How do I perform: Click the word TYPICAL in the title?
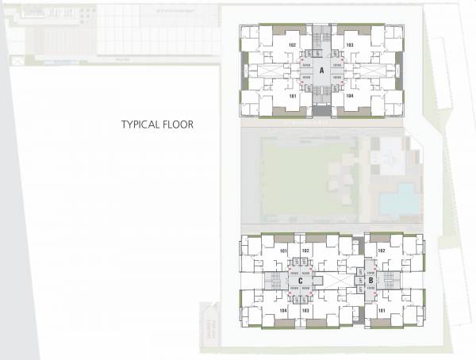(x=138, y=124)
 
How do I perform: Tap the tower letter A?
(x=322, y=71)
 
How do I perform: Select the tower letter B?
(x=370, y=280)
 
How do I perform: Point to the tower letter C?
(x=301, y=280)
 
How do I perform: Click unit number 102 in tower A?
(x=293, y=45)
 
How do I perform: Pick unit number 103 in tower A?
(x=350, y=45)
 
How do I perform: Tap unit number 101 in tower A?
(x=293, y=95)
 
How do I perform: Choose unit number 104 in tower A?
(x=350, y=95)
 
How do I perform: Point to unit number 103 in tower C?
(x=305, y=311)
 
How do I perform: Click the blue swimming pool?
(x=396, y=200)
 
